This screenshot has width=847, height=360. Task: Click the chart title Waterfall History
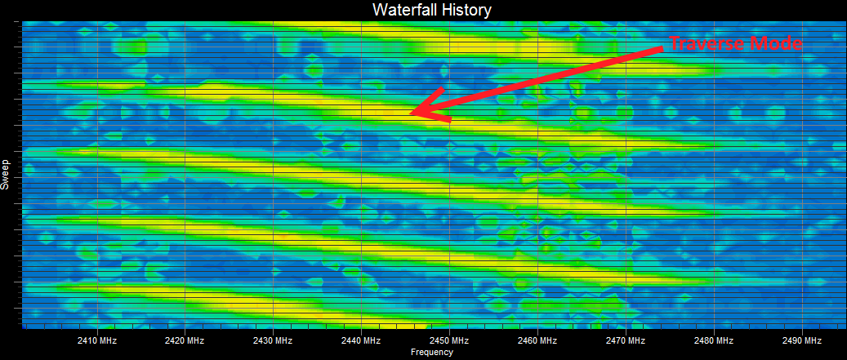pos(431,9)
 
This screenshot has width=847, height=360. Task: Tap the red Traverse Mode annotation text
pos(736,44)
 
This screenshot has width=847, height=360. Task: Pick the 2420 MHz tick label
pos(185,340)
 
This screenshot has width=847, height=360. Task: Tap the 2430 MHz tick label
pos(273,340)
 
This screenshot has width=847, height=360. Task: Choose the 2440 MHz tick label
pos(361,340)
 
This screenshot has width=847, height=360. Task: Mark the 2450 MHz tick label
pos(449,340)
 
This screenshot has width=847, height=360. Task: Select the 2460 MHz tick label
pos(537,340)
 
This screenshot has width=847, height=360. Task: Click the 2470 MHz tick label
pos(626,340)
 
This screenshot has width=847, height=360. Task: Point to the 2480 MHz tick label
pos(714,340)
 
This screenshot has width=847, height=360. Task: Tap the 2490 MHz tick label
pos(802,340)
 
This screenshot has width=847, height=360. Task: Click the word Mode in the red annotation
pos(779,44)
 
